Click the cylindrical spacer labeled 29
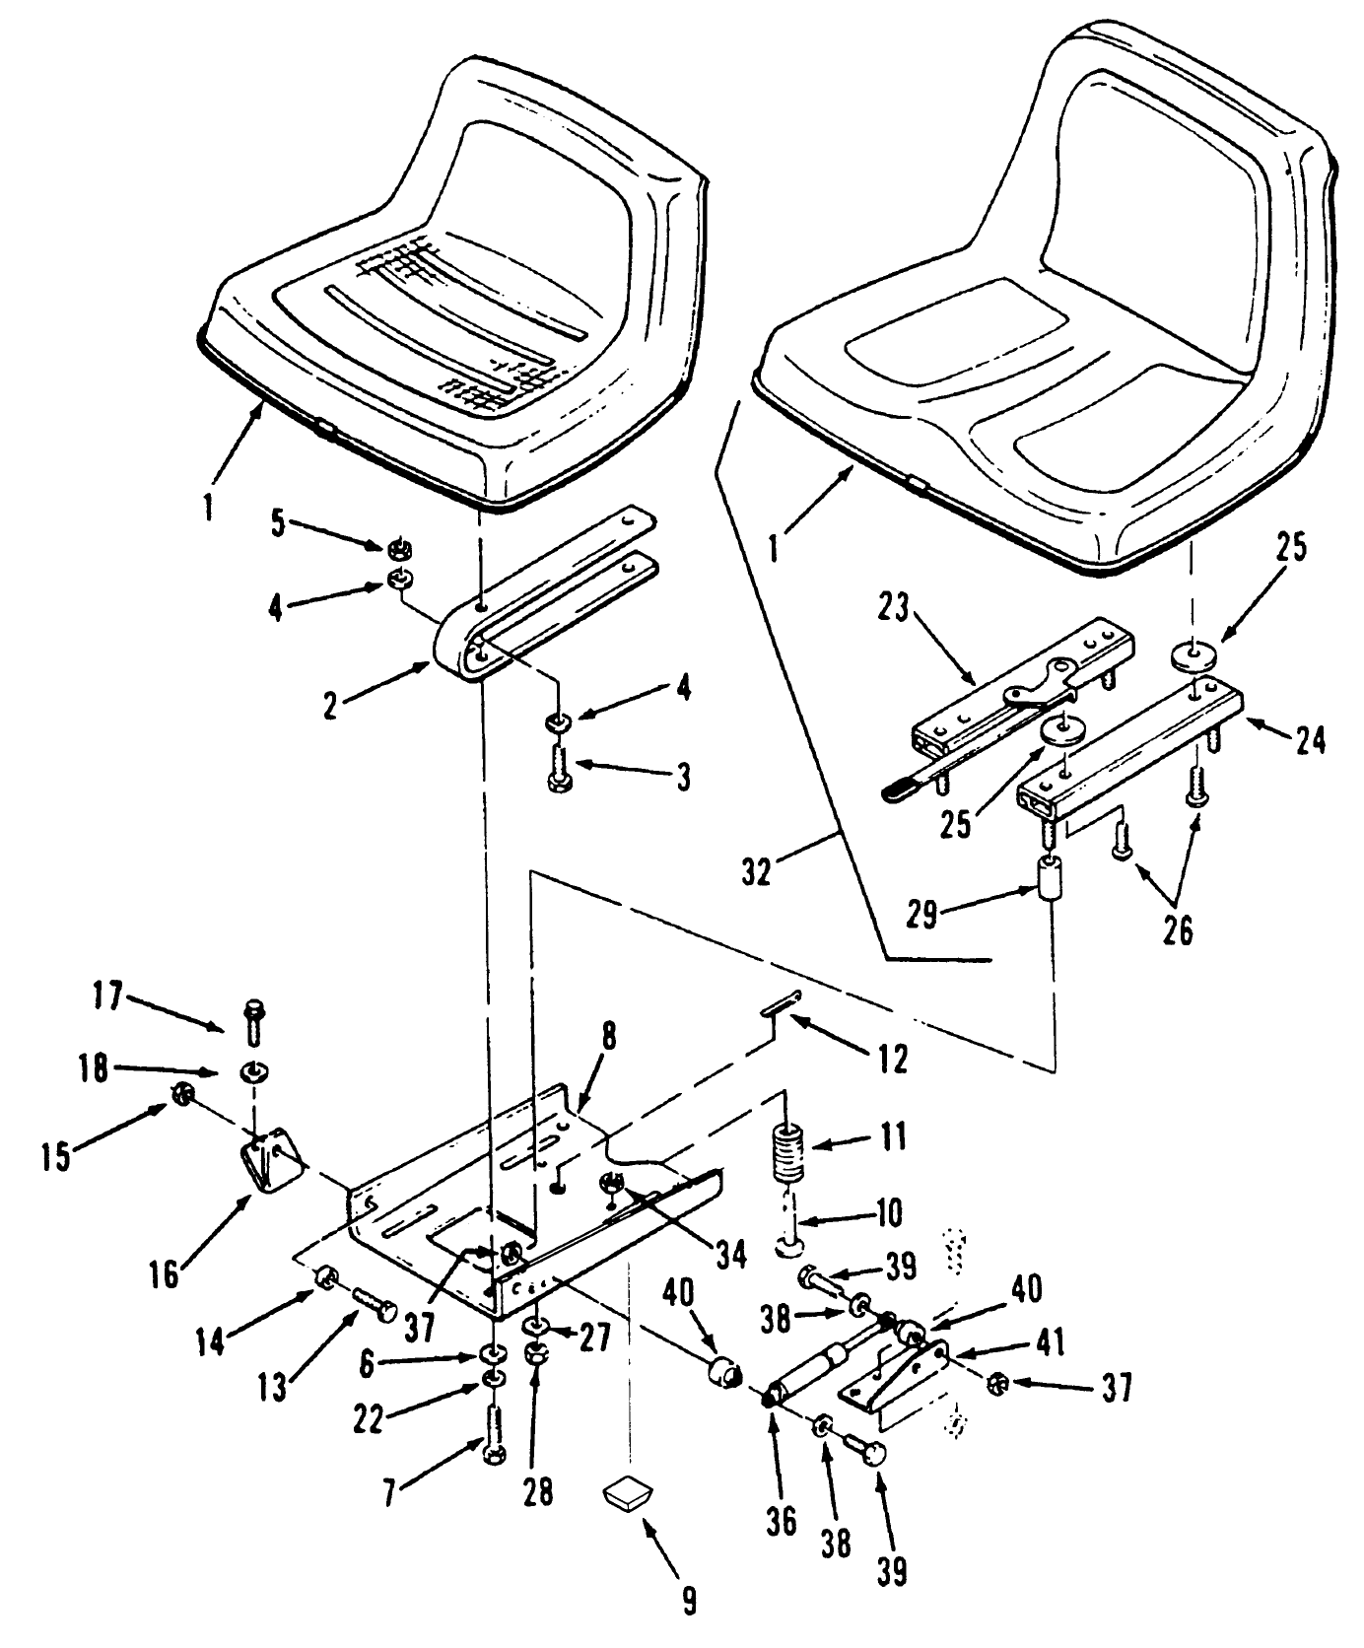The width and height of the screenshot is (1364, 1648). tap(1053, 875)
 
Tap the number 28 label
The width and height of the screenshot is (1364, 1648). tap(537, 1491)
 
